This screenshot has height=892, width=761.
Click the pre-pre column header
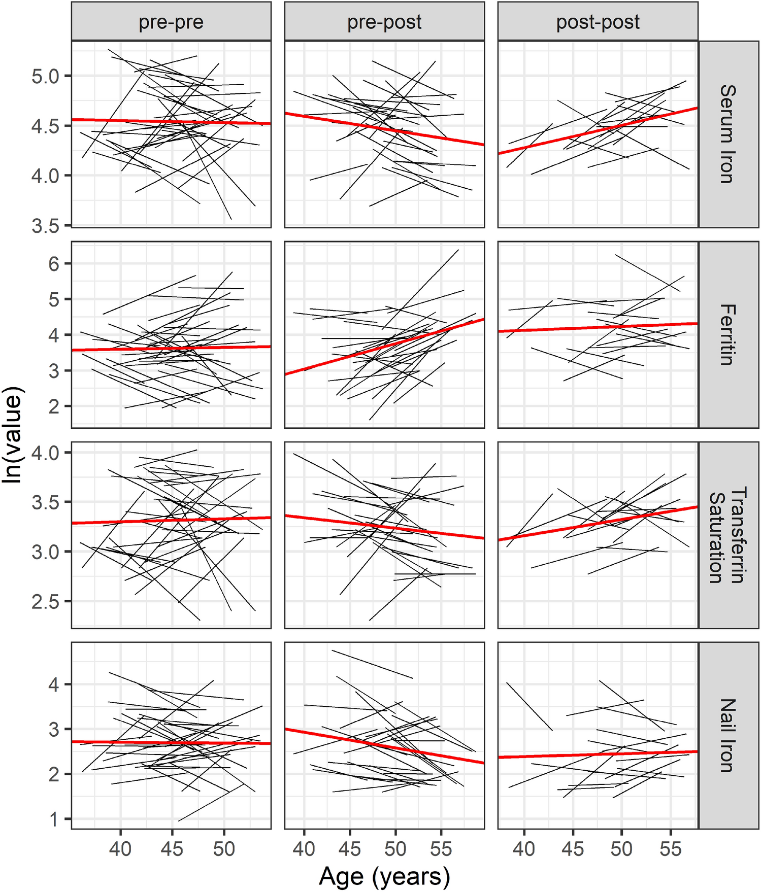[x=171, y=22]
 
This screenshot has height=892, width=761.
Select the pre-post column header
[x=384, y=22]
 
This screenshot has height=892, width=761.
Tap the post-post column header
[x=598, y=22]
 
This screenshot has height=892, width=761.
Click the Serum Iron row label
[x=727, y=134]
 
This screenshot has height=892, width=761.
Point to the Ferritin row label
[x=727, y=334]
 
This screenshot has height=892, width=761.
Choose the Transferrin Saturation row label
[x=727, y=535]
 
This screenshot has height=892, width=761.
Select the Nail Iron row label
[x=727, y=735]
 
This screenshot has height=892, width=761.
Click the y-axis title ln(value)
[x=12, y=435]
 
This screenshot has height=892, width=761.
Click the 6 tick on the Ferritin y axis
[x=53, y=264]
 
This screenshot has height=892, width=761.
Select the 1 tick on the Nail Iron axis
[x=53, y=819]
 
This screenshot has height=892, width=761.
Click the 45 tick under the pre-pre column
[x=172, y=848]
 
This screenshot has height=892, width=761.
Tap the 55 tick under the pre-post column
[x=441, y=848]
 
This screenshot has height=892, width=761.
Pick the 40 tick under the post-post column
[x=524, y=848]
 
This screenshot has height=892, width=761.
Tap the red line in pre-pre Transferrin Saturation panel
[x=171, y=520]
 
